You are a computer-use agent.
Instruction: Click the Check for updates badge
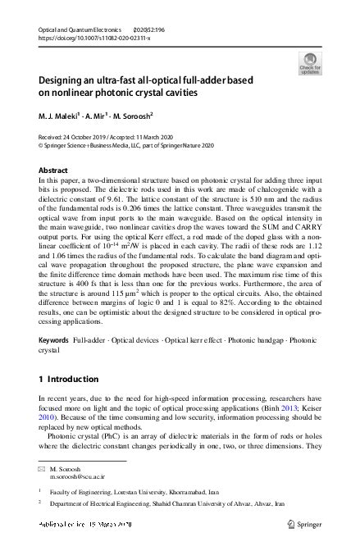(x=309, y=62)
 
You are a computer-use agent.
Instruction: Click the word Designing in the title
(x=62, y=80)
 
